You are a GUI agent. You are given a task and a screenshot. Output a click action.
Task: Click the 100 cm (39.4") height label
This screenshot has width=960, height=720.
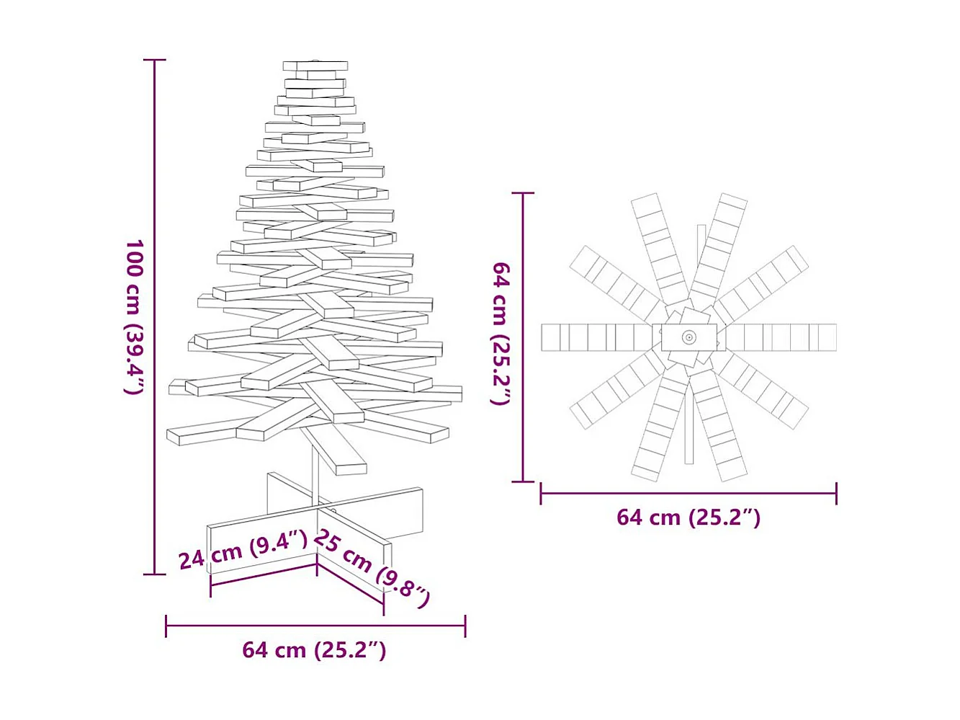click(135, 317)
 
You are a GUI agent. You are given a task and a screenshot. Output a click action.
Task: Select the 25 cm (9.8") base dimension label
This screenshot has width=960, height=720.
click(372, 568)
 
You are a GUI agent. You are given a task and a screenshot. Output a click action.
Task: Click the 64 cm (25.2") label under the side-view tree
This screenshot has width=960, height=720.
click(314, 650)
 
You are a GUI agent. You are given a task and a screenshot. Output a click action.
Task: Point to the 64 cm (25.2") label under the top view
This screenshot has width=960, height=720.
click(688, 517)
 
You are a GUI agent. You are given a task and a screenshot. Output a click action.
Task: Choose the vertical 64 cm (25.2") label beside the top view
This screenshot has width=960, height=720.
click(501, 333)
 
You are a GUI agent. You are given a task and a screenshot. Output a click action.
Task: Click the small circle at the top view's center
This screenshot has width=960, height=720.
click(689, 337)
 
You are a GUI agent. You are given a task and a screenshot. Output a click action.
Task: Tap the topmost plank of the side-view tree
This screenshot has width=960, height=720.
click(315, 66)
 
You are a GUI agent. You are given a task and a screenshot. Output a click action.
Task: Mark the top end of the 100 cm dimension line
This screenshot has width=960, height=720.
click(154, 60)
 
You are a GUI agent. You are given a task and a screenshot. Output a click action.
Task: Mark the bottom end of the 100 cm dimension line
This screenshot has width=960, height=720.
click(154, 574)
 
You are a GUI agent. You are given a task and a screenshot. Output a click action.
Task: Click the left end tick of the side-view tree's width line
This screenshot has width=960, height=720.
click(166, 626)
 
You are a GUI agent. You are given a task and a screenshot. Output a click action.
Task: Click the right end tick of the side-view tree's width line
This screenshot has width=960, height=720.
click(465, 626)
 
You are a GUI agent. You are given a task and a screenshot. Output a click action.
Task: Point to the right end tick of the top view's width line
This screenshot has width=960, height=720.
click(836, 494)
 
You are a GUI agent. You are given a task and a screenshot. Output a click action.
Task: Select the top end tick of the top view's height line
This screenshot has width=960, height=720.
click(523, 193)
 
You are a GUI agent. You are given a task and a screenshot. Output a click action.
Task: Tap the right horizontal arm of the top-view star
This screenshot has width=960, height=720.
click(781, 337)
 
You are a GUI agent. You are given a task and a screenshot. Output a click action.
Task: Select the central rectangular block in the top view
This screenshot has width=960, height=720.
click(689, 337)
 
